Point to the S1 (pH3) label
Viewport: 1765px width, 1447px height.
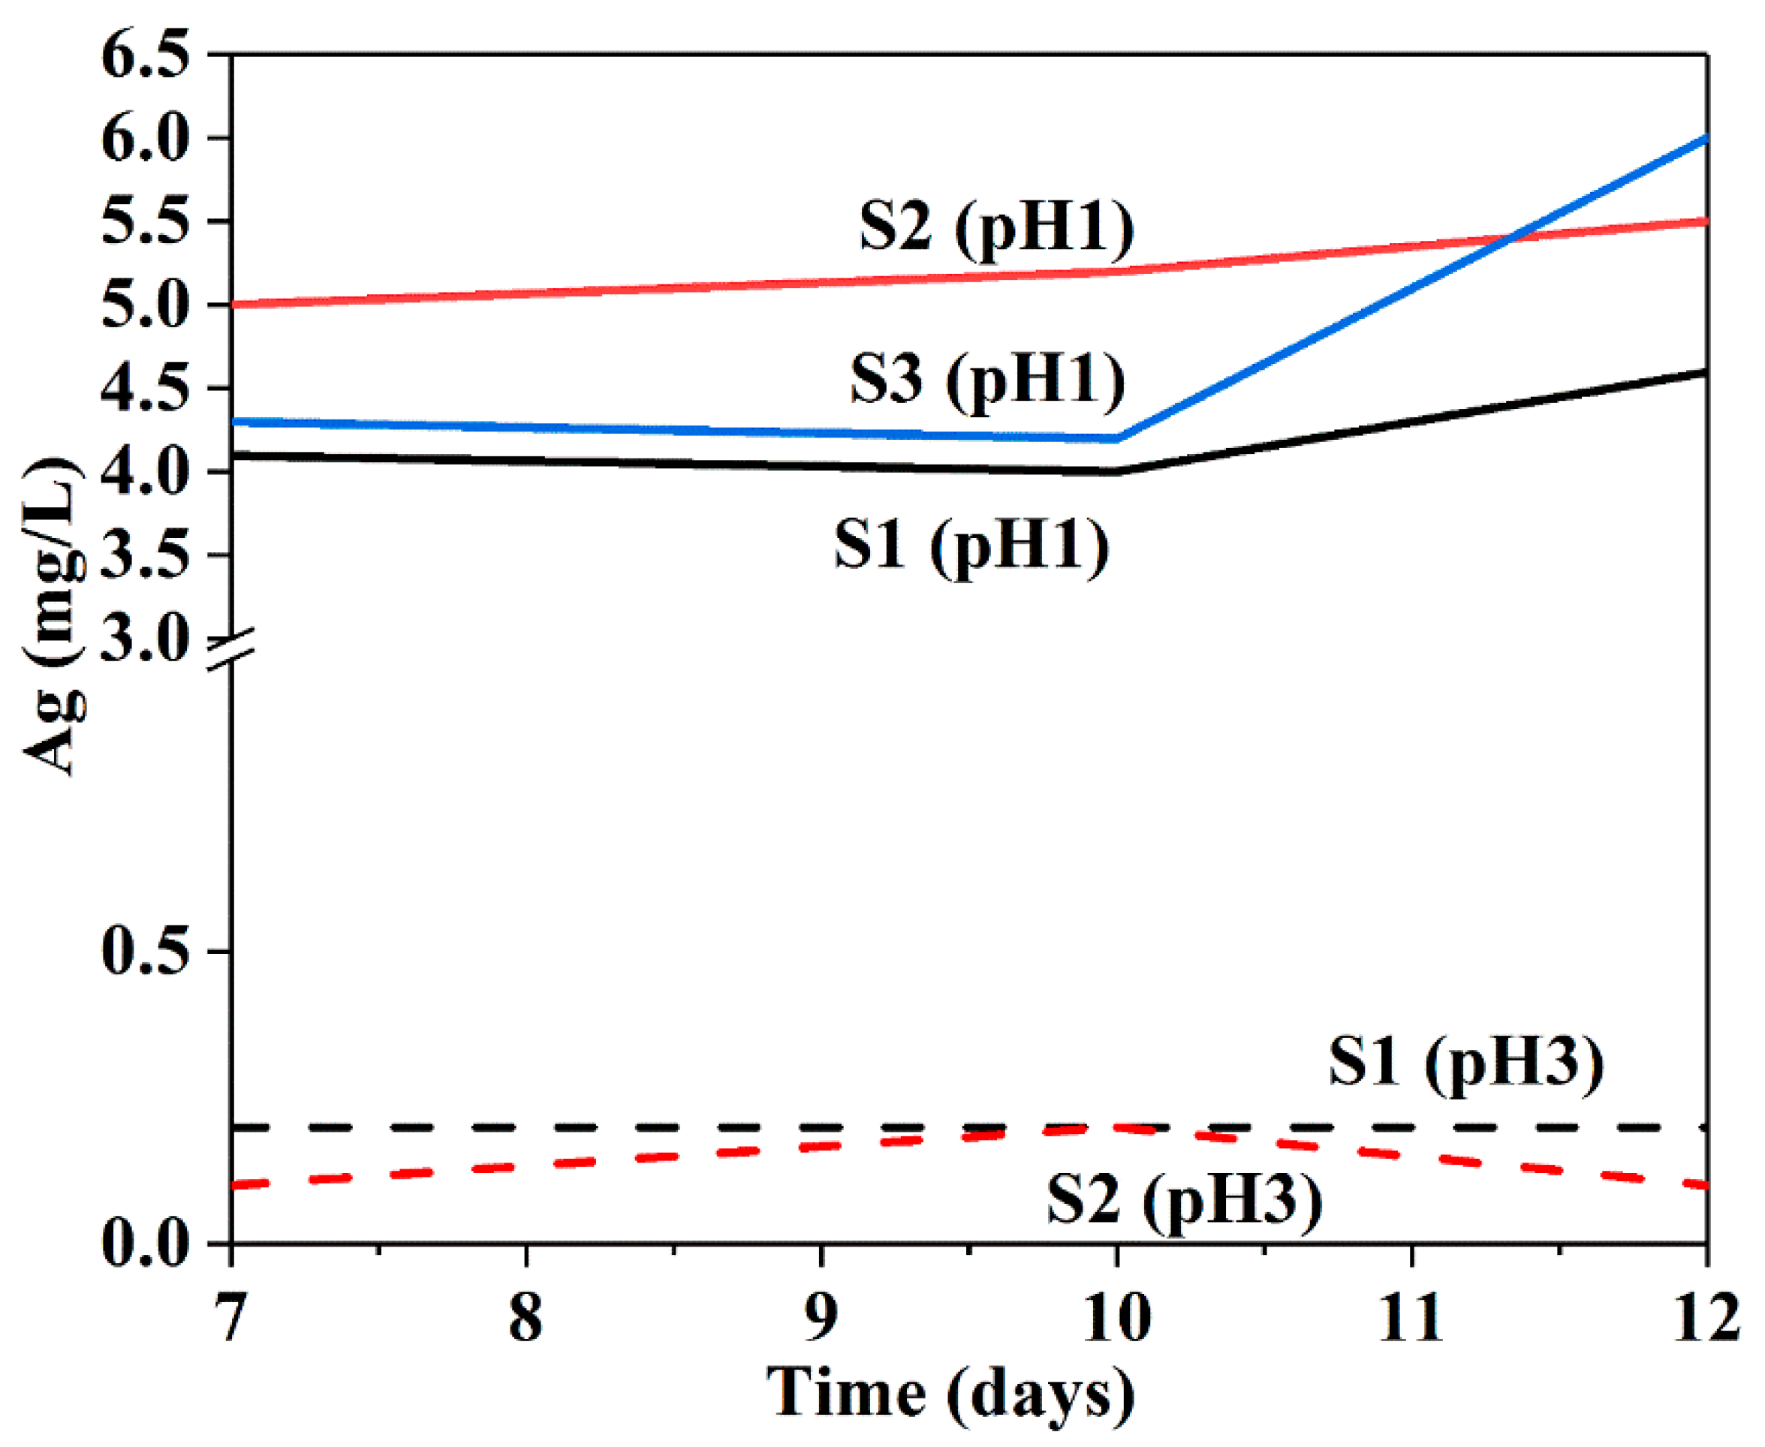click(1465, 1063)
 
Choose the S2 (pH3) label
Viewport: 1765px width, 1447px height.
click(1184, 1200)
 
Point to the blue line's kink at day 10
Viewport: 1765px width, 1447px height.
click(1117, 438)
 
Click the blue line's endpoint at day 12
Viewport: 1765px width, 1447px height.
click(1706, 138)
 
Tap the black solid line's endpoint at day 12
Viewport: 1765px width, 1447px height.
click(1706, 372)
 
